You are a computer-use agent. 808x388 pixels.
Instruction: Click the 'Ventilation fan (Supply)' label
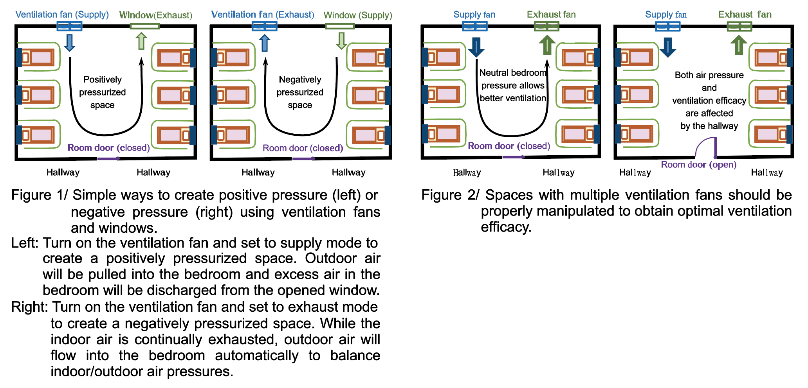click(x=62, y=14)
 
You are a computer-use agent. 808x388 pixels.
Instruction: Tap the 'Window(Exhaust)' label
click(x=155, y=15)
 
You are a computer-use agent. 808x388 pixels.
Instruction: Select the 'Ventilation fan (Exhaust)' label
click(x=262, y=14)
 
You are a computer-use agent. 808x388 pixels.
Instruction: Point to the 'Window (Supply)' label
click(x=357, y=15)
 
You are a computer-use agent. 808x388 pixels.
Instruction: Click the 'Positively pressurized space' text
click(x=103, y=92)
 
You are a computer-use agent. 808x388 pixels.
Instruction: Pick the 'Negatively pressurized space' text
click(x=300, y=92)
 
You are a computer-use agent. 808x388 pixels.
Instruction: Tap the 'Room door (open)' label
click(x=698, y=165)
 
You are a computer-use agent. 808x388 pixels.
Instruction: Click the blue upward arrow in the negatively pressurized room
click(x=265, y=43)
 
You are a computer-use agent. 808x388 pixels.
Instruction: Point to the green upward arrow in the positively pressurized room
click(x=141, y=41)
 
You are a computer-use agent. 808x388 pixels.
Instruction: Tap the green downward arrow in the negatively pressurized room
click(x=341, y=41)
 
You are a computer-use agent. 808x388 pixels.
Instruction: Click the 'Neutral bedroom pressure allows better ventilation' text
click(x=512, y=85)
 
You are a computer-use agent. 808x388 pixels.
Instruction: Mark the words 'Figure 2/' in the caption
click(x=450, y=195)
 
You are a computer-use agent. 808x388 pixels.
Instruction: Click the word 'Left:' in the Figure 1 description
click(x=25, y=243)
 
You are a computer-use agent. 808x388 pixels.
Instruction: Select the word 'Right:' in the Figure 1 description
click(x=29, y=307)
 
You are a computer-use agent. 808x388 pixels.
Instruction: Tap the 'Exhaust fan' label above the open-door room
click(x=745, y=14)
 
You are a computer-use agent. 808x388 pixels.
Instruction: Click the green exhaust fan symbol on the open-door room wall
click(x=739, y=27)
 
